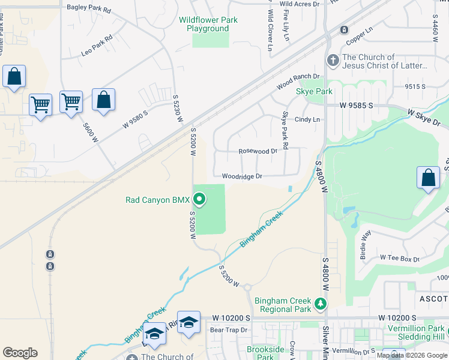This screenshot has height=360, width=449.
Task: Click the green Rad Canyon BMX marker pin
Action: pos(199,199)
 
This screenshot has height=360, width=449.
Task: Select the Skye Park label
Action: pos(314,91)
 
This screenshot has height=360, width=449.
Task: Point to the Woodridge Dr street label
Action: pos(242,176)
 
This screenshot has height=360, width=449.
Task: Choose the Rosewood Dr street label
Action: pos(258,152)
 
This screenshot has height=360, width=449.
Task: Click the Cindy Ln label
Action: pos(307,119)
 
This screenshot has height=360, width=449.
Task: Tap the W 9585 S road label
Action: pos(356,105)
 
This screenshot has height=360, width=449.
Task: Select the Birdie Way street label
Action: pos(365,245)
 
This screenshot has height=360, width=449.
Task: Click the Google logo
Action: pos(20,353)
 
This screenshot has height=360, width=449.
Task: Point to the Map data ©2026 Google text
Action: pos(412,355)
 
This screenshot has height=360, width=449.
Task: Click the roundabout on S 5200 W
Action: pos(247,287)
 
